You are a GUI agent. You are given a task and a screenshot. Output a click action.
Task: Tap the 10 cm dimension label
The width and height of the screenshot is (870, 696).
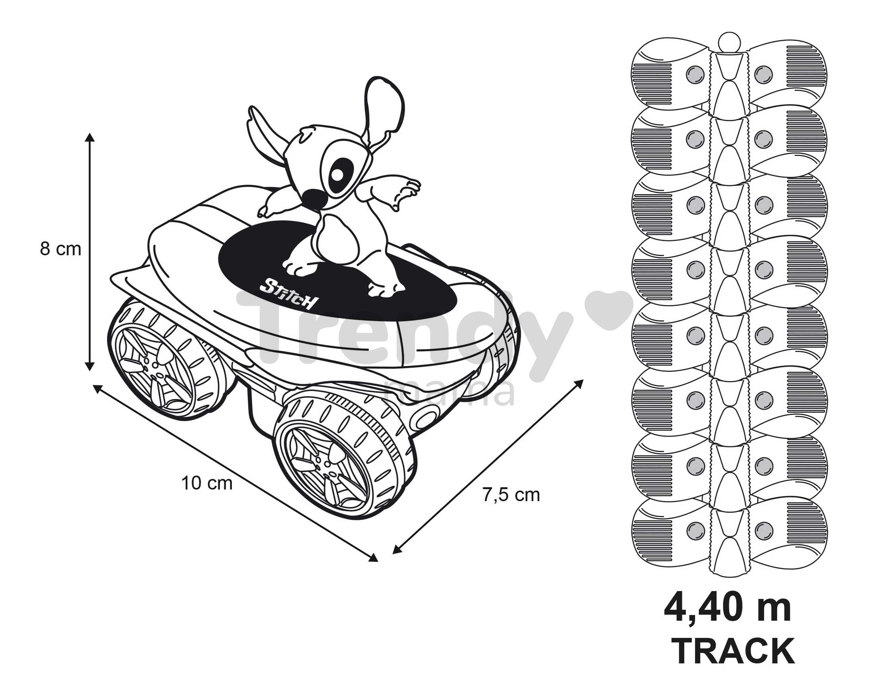207,483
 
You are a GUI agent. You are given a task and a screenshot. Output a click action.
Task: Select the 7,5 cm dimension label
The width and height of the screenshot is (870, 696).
511,495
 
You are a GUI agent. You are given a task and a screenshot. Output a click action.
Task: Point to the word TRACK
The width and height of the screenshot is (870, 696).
732,651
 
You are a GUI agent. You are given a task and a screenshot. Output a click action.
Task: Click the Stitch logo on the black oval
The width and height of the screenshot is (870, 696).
289,293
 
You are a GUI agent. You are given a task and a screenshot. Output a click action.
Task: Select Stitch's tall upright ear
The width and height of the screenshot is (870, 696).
384,111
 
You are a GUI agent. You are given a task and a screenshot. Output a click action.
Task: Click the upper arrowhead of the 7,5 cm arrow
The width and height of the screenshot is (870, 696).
579,383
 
